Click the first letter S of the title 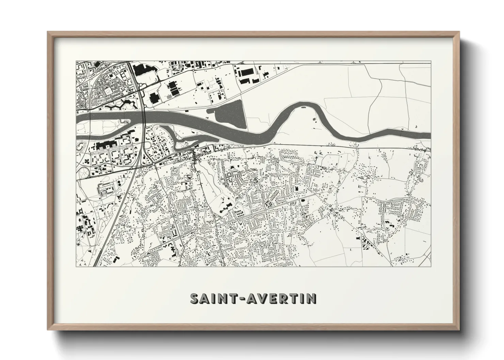[195, 299]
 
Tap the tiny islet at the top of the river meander [303, 108]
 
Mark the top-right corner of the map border [430, 62]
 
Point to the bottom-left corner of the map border [76, 266]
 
